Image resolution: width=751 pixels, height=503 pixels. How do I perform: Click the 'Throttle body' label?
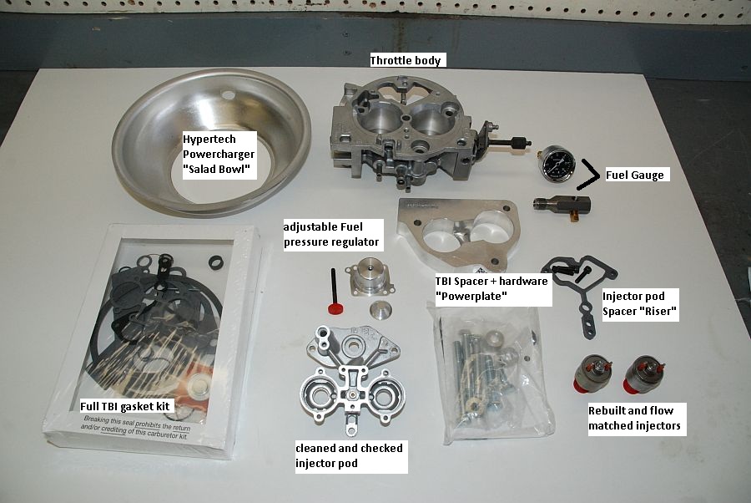point(406,60)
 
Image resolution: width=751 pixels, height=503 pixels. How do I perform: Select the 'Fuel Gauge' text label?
point(635,175)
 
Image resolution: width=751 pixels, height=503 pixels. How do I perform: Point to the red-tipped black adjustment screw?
point(333,292)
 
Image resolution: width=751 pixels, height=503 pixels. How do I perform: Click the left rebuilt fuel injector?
point(592,373)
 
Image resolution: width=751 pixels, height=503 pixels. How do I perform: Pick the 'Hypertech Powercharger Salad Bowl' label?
point(219,155)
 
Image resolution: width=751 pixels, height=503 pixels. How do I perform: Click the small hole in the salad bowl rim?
point(229,95)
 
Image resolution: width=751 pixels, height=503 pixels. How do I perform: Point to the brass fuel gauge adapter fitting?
point(562,206)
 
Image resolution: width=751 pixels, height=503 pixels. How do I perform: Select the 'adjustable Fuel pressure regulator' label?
point(333,235)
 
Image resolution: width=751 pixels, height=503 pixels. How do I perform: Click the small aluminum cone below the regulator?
point(381,310)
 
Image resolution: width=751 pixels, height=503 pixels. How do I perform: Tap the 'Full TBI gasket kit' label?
point(125,407)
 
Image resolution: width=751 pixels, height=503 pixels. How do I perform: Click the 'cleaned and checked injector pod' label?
point(350,456)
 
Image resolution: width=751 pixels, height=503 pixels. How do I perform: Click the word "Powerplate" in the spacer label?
point(471,297)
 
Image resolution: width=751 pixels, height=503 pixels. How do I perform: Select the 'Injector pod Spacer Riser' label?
point(640,304)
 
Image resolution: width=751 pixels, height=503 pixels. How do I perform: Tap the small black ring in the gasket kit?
point(216,262)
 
